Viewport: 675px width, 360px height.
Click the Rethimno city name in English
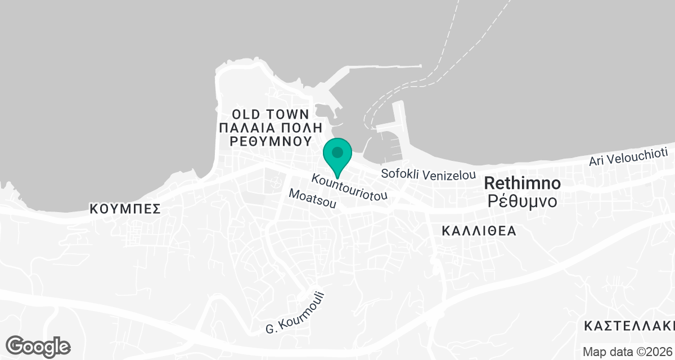coord(522,183)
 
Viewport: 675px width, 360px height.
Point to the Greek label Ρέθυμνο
coord(522,201)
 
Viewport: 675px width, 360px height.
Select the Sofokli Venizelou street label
coord(429,174)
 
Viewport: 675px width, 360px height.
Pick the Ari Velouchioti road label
coord(628,157)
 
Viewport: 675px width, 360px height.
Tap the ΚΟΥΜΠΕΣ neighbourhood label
coord(125,209)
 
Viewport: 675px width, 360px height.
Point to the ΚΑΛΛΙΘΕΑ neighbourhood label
coord(479,231)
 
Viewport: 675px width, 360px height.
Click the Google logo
coord(38,346)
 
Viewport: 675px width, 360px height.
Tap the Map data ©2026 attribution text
coord(627,352)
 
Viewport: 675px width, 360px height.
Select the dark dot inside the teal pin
coord(337,152)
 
